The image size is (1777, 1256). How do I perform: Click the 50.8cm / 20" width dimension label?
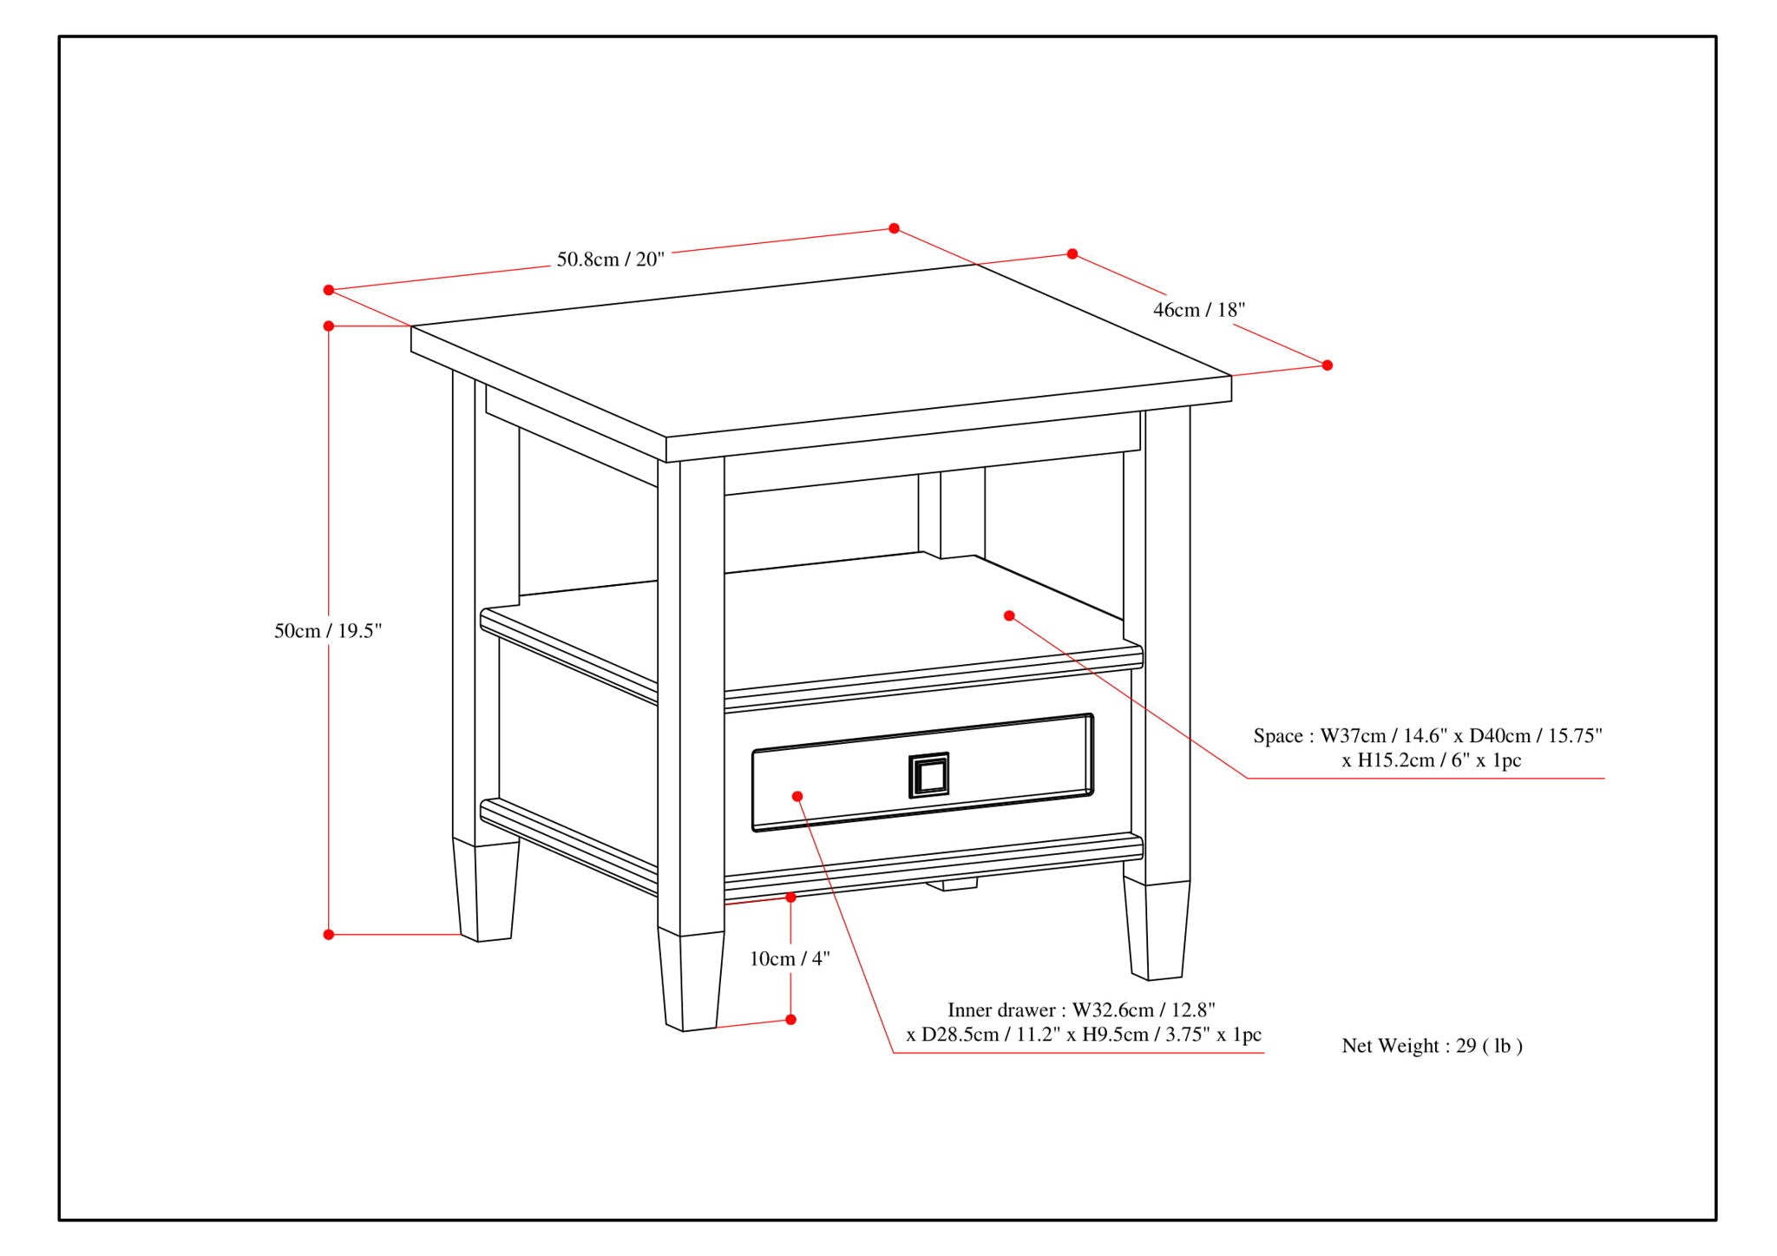click(610, 259)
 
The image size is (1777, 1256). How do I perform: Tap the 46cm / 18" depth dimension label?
click(1198, 310)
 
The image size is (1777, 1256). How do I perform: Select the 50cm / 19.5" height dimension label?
click(328, 631)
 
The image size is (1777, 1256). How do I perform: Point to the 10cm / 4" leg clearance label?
click(790, 958)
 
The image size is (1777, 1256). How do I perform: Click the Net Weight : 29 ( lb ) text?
click(1432, 1046)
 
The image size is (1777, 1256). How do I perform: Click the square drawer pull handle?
click(928, 774)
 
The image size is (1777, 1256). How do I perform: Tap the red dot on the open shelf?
click(1009, 615)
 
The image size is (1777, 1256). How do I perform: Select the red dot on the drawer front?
click(797, 796)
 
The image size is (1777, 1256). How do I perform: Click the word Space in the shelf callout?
click(1277, 736)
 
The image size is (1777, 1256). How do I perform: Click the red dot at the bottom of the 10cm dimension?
click(790, 1019)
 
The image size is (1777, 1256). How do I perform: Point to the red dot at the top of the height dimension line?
click(329, 326)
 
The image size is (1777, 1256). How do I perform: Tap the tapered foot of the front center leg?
click(691, 981)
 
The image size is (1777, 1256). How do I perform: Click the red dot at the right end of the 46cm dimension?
click(1327, 365)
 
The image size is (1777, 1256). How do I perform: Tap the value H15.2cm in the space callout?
click(1386, 761)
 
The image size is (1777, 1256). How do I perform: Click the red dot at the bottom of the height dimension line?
click(329, 935)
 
